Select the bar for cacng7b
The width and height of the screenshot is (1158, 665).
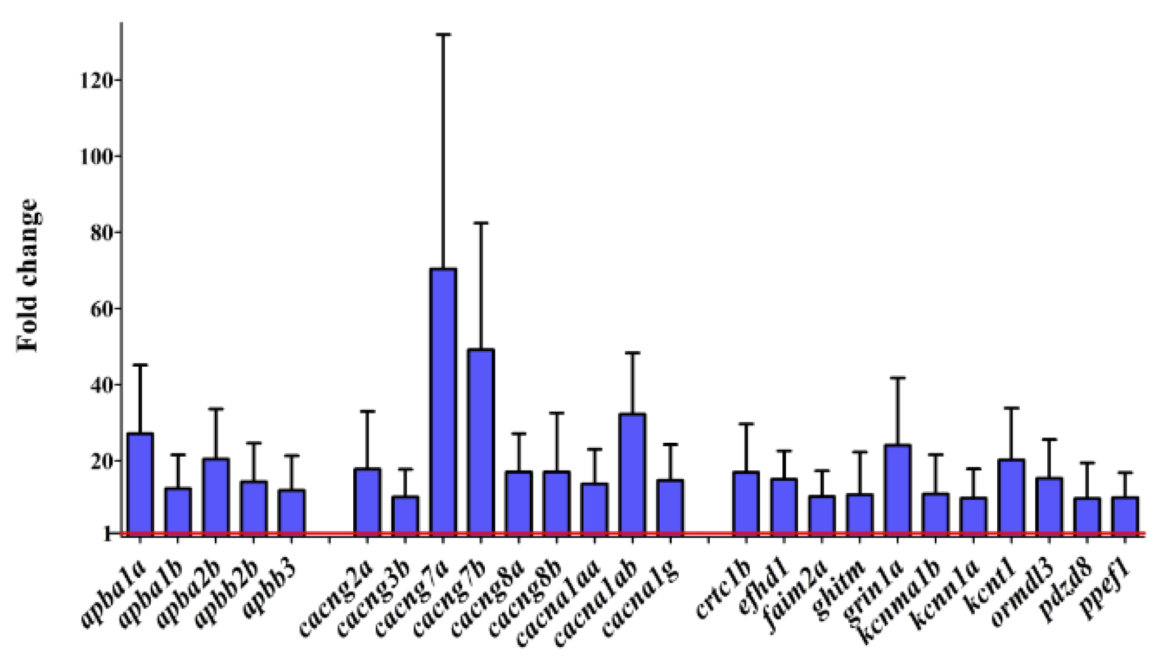pyautogui.click(x=481, y=441)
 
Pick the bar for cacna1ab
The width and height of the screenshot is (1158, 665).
pyautogui.click(x=633, y=473)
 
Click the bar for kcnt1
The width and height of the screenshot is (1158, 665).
pyautogui.click(x=1012, y=496)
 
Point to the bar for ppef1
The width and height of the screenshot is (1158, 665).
pyautogui.click(x=1125, y=514)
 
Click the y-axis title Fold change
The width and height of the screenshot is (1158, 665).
pyautogui.click(x=28, y=276)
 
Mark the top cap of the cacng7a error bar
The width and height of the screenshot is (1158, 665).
pyautogui.click(x=443, y=35)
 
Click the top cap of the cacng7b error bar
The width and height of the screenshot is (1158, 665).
pyautogui.click(x=481, y=223)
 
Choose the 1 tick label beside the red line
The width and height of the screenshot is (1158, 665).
pyautogui.click(x=107, y=533)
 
